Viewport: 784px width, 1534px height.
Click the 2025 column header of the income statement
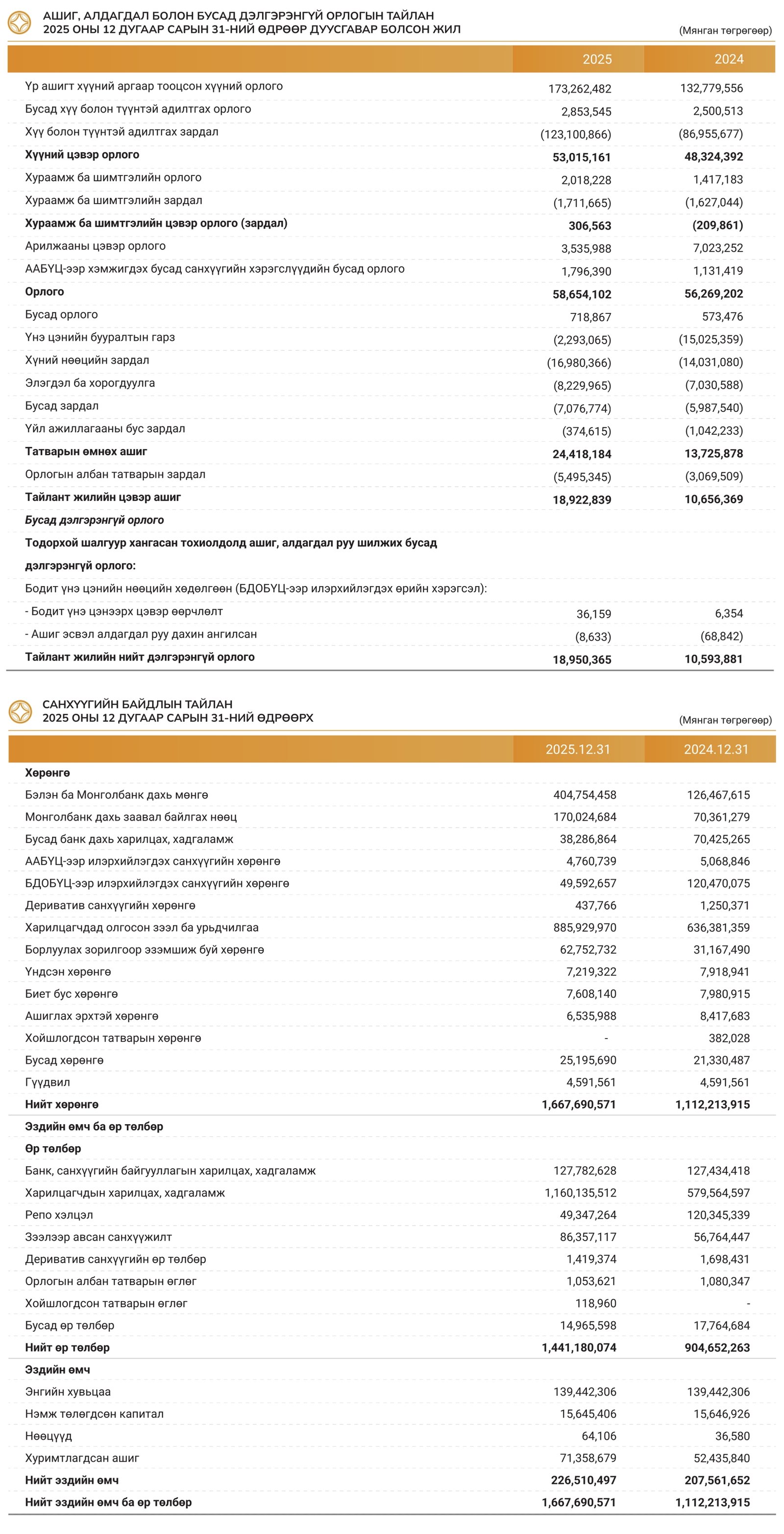pyautogui.click(x=597, y=59)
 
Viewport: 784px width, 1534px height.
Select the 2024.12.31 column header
pyautogui.click(x=715, y=749)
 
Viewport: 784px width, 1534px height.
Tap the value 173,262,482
pyautogui.click(x=580, y=89)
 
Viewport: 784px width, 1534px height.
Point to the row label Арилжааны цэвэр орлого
pyautogui.click(x=96, y=246)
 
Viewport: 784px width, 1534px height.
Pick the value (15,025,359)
pyautogui.click(x=710, y=339)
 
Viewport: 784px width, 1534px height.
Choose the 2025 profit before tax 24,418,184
pyautogui.click(x=582, y=454)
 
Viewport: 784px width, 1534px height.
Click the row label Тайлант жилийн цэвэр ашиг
pyautogui.click(x=102, y=497)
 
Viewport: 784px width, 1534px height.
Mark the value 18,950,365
pyautogui.click(x=582, y=659)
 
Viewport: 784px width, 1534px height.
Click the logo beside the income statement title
pyautogui.click(x=20, y=23)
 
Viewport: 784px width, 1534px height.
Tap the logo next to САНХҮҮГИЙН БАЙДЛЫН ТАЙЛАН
pyautogui.click(x=20, y=711)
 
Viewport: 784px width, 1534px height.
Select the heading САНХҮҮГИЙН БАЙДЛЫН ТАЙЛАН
pyautogui.click(x=138, y=704)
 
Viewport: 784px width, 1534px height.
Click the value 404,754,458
pyautogui.click(x=585, y=795)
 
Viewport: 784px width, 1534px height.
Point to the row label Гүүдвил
pyautogui.click(x=48, y=1082)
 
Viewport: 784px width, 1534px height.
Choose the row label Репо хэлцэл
pyautogui.click(x=59, y=1215)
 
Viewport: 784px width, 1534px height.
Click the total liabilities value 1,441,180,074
pyautogui.click(x=579, y=1347)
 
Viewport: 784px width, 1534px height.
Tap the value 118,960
pyautogui.click(x=595, y=1303)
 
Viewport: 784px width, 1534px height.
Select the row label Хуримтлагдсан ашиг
pyautogui.click(x=82, y=1459)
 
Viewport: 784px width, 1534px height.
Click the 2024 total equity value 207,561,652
pyautogui.click(x=717, y=1481)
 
